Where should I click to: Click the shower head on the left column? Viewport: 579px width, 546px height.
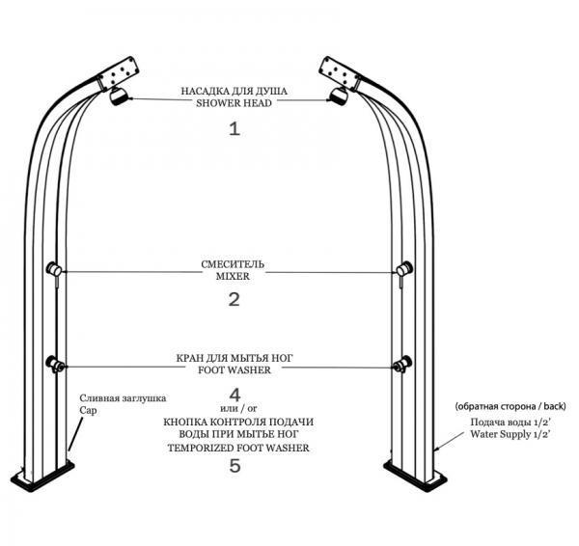(x=119, y=96)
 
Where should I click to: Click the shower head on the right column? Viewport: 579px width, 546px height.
(x=339, y=96)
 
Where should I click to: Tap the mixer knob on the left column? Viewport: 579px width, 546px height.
(x=54, y=269)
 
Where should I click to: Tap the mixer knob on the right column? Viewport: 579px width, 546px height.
(x=404, y=269)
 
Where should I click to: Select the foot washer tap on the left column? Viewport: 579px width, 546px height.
(x=55, y=364)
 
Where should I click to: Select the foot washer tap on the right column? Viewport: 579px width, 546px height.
(x=402, y=364)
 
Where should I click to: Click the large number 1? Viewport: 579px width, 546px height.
(x=234, y=129)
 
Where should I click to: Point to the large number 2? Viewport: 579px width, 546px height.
(x=234, y=299)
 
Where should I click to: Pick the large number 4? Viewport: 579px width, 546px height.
(x=234, y=395)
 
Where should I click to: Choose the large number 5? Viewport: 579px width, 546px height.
(x=234, y=466)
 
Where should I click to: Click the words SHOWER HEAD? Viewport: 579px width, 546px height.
(x=234, y=103)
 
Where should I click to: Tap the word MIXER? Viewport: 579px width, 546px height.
(x=233, y=276)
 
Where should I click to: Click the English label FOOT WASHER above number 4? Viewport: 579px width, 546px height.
(x=234, y=369)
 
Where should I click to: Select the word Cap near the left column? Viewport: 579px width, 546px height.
(x=89, y=411)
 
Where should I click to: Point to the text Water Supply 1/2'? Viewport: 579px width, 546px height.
(x=510, y=434)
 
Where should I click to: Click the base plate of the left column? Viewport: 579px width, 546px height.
(x=42, y=477)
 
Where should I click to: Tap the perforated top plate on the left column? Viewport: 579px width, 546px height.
(x=118, y=72)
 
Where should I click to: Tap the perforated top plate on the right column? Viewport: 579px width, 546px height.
(x=340, y=72)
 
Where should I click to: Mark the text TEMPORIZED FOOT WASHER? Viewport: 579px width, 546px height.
(x=238, y=448)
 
